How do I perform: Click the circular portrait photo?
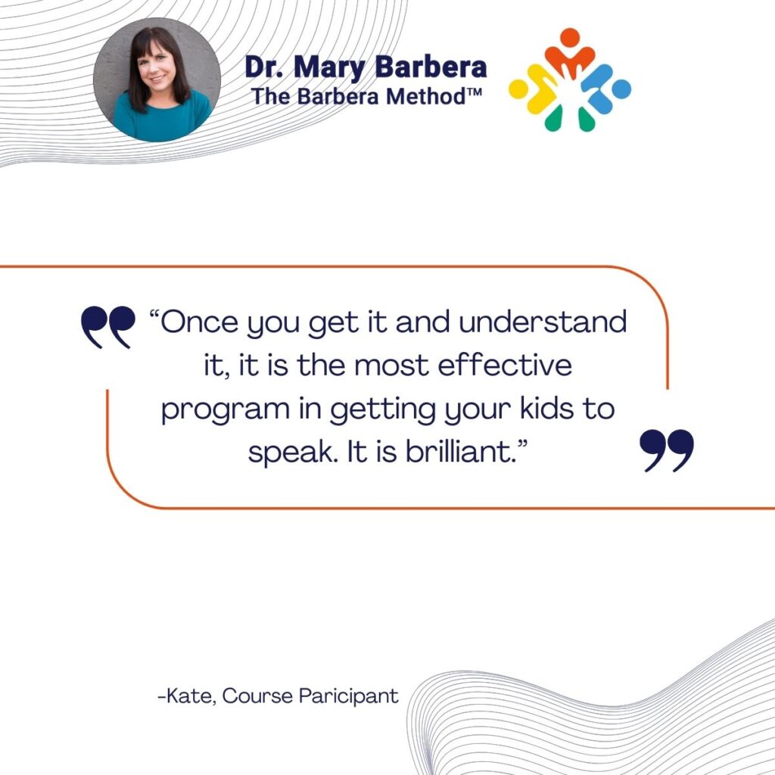(x=157, y=80)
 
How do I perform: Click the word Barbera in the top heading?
(x=431, y=67)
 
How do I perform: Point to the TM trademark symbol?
(x=474, y=91)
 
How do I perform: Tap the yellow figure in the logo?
(x=534, y=90)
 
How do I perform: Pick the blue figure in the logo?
(x=606, y=90)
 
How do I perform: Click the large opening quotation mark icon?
(x=107, y=327)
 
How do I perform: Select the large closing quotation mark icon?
(x=667, y=450)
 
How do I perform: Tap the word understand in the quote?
(x=543, y=322)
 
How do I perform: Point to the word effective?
(x=505, y=366)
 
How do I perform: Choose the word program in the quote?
(x=226, y=410)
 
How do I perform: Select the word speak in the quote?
(x=290, y=453)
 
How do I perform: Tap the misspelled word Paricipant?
(x=348, y=696)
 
